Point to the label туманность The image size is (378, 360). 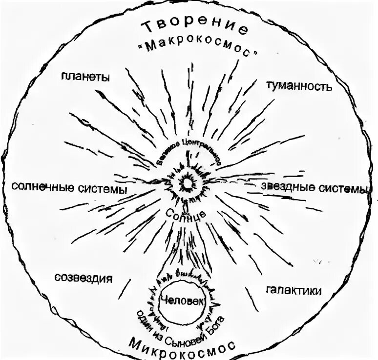pyautogui.click(x=299, y=86)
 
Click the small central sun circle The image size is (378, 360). pyautogui.click(x=187, y=183)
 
